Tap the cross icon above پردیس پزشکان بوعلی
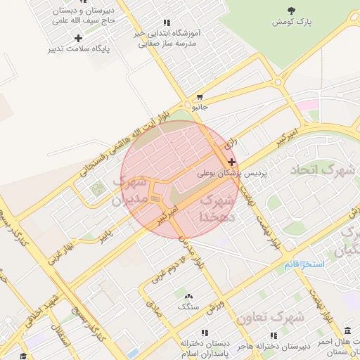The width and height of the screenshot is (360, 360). coord(232,162)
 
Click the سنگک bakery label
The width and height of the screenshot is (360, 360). coord(188,307)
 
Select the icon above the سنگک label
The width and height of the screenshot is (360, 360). coord(187,295)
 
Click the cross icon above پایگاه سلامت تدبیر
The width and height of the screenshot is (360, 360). coord(78,38)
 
